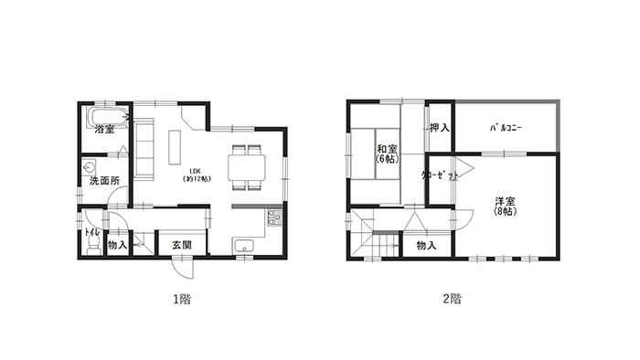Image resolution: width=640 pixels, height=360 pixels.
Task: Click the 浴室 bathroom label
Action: pos(104,130)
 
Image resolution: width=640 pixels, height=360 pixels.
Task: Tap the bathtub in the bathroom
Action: pos(108,117)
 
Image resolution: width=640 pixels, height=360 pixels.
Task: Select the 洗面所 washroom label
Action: pos(104,181)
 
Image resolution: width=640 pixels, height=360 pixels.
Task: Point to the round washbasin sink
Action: pos(89,167)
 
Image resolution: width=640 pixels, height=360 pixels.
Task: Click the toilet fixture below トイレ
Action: pos(94,246)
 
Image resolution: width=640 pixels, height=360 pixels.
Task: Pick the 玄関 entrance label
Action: pos(182,245)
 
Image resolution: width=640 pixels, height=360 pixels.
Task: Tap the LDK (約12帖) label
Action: pos(197,175)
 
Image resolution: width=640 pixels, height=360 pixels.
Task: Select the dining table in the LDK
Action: pos(247,167)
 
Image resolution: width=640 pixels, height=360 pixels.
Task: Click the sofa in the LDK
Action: pos(144,149)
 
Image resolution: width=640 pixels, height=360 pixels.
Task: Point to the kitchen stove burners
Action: pos(274,218)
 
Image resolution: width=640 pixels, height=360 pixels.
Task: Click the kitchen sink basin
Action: pos(244,247)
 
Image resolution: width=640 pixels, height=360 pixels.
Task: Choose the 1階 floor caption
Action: pos(182,300)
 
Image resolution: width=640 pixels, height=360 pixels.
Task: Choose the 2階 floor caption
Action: pos(453,299)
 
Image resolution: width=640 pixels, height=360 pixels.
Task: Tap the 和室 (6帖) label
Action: pos(387,154)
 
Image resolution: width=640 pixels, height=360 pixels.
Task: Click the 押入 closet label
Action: pos(440,128)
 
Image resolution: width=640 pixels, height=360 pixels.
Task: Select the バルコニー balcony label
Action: pos(507,128)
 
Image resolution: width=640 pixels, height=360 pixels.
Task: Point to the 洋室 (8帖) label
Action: pos(506,206)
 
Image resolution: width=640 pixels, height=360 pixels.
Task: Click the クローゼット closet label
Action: pos(440,175)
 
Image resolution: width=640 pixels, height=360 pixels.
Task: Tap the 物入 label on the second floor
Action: pos(427,245)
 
